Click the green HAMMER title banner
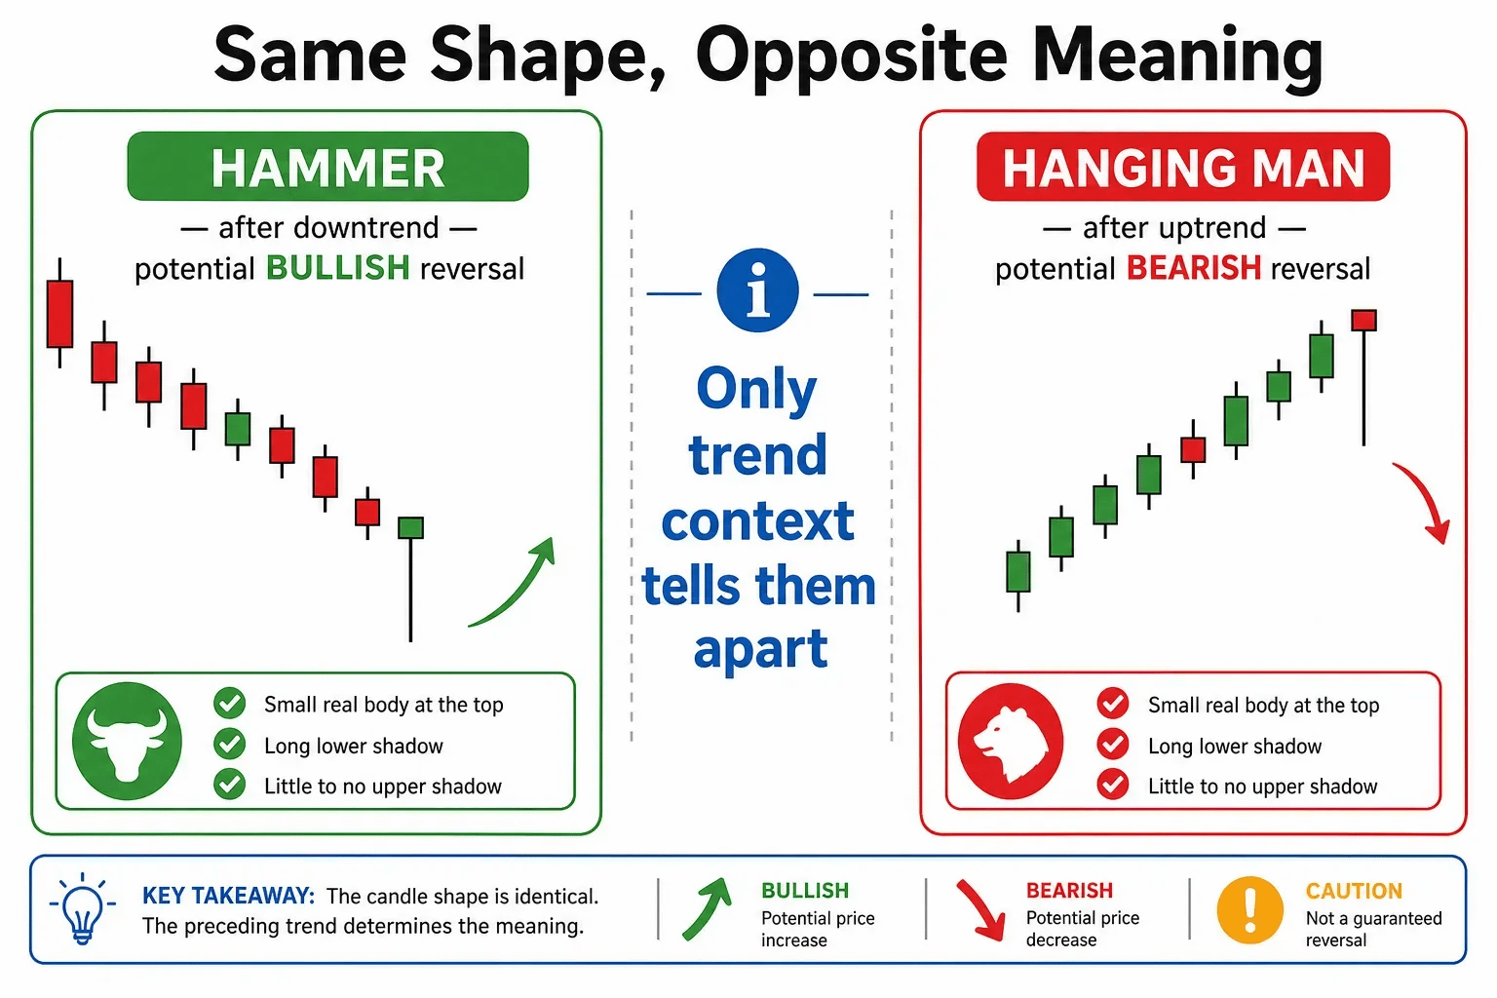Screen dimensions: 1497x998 pos(327,167)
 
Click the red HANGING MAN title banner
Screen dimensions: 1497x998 pos(1183,167)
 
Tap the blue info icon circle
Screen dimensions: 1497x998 pos(757,290)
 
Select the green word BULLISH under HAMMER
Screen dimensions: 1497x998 pos(337,268)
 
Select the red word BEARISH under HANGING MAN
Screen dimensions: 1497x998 pos(1194,268)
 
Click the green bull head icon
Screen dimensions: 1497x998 pos(127,741)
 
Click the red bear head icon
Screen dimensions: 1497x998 pos(1011,742)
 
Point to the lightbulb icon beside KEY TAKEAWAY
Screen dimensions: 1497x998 pos(82,909)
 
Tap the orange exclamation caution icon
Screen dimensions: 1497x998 pos(1249,909)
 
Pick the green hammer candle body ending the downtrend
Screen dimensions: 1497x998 pos(410,527)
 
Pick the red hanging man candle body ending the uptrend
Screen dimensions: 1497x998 pos(1363,321)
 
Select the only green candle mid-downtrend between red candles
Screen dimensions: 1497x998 pos(237,429)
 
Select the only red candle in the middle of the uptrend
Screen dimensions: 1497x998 pos(1193,450)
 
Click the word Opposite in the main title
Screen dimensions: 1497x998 pos(851,57)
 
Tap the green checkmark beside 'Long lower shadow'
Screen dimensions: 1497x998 pos(229,744)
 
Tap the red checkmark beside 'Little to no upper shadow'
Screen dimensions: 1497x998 pos(1113,785)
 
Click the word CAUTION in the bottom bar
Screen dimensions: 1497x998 pos(1354,891)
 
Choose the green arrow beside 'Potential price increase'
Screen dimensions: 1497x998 pos(707,909)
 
